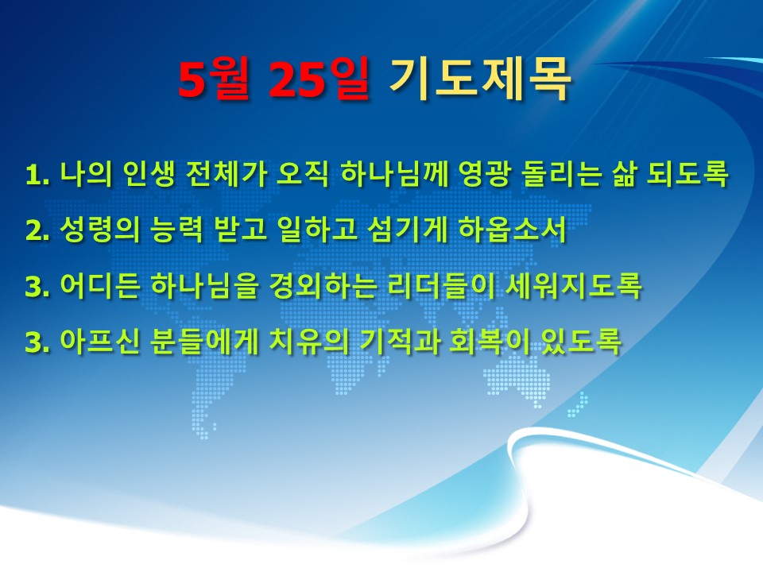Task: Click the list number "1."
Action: (37, 175)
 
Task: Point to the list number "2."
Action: (37, 230)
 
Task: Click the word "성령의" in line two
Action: (99, 229)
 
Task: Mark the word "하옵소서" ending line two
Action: (513, 229)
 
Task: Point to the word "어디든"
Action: (99, 285)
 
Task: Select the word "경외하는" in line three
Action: (323, 285)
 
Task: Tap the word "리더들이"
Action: (441, 285)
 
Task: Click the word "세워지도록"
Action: (574, 285)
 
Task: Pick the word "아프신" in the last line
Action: (99, 342)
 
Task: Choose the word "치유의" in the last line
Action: (308, 342)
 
